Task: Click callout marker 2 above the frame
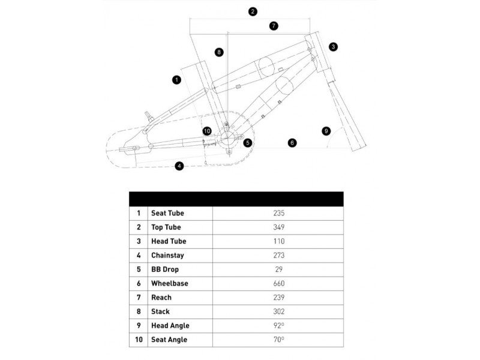point(253,11)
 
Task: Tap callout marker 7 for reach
point(274,26)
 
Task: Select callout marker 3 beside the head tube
point(334,46)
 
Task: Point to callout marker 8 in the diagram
point(220,52)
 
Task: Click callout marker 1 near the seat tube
point(176,79)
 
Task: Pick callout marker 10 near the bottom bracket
point(207,131)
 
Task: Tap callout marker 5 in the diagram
point(247,142)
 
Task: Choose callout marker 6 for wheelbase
point(292,143)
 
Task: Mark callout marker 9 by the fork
point(326,130)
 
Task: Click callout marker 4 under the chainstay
point(179,166)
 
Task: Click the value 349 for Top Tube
point(277,227)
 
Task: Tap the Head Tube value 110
point(277,241)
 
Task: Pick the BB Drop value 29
point(277,269)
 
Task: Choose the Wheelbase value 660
point(277,283)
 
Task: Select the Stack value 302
point(277,311)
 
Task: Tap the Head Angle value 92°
point(277,326)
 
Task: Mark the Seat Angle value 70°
point(277,340)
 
